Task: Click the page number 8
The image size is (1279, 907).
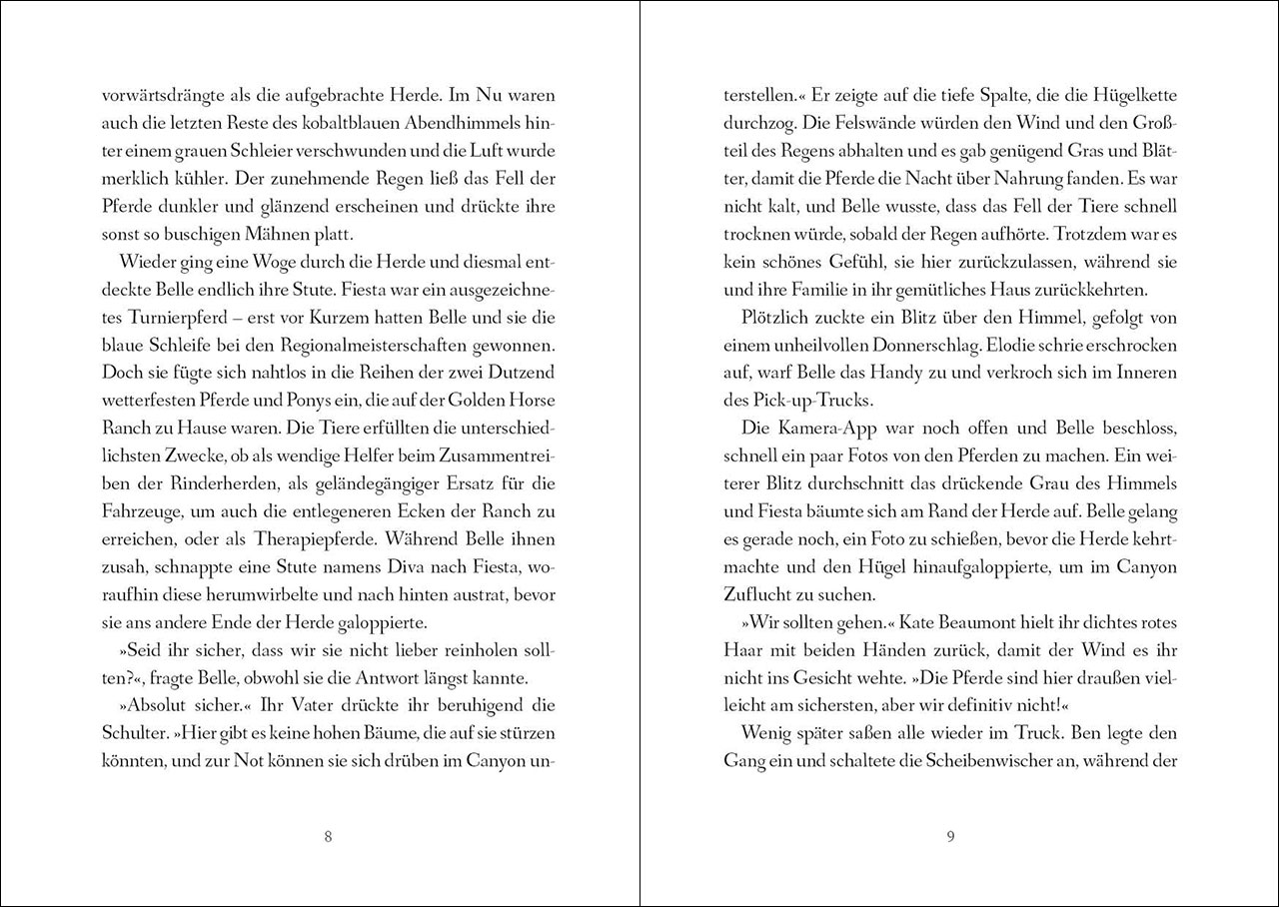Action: coord(329,836)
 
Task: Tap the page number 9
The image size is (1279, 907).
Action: coord(950,836)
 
